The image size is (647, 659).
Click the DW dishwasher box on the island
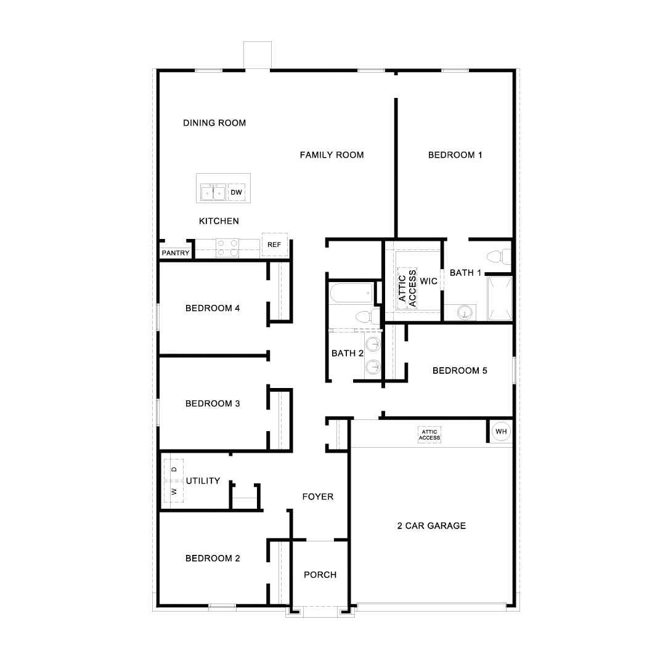pyautogui.click(x=236, y=193)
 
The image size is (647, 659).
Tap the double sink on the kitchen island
pyautogui.click(x=213, y=193)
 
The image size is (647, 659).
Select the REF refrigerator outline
pyautogui.click(x=275, y=245)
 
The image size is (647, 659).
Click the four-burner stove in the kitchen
pyautogui.click(x=227, y=248)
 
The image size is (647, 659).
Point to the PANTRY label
pyautogui.click(x=176, y=253)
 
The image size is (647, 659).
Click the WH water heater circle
pyautogui.click(x=501, y=432)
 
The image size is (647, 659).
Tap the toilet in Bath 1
pyautogui.click(x=499, y=257)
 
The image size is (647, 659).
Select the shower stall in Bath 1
pyautogui.click(x=500, y=299)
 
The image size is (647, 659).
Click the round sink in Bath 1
pyautogui.click(x=465, y=312)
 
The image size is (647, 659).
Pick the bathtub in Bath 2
pyautogui.click(x=351, y=293)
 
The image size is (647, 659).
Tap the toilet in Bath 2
pyautogui.click(x=367, y=315)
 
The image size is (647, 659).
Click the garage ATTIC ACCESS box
pyautogui.click(x=429, y=435)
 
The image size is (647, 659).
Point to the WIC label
pyautogui.click(x=428, y=281)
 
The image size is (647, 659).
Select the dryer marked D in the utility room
pyautogui.click(x=174, y=469)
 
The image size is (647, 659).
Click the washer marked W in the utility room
pyautogui.click(x=174, y=491)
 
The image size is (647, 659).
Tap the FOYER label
pyautogui.click(x=318, y=497)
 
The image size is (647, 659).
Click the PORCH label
pyautogui.click(x=320, y=575)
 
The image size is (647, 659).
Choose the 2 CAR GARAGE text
pyautogui.click(x=431, y=526)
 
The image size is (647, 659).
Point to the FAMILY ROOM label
pyautogui.click(x=332, y=155)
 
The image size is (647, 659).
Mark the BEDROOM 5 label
pyautogui.click(x=460, y=371)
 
